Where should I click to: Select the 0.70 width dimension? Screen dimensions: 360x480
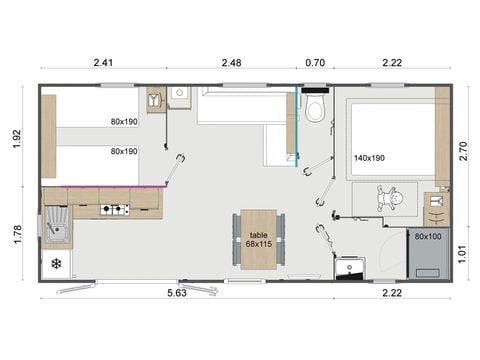tap(314, 63)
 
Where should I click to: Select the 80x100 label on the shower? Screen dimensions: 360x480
tap(428, 237)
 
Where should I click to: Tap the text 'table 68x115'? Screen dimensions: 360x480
tap(260, 239)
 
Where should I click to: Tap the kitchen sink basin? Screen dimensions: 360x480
tap(57, 231)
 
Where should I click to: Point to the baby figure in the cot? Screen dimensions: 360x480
tap(394, 199)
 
